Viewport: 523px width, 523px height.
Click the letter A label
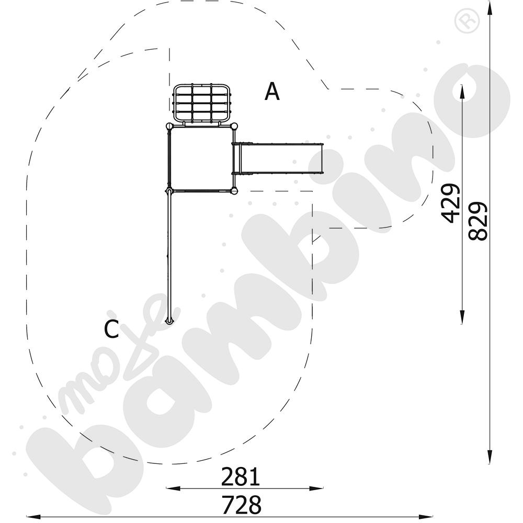coord(272,92)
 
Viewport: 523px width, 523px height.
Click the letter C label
coord(112,329)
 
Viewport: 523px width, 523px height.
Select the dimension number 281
coord(241,476)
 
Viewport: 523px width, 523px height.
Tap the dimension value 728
coord(242,505)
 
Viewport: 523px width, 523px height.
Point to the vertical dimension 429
coord(451,203)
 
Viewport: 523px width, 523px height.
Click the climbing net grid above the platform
coord(202,103)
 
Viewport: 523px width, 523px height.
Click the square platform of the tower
coord(201,158)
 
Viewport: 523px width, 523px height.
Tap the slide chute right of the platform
coord(278,158)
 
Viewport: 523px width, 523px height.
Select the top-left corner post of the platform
coord(169,126)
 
